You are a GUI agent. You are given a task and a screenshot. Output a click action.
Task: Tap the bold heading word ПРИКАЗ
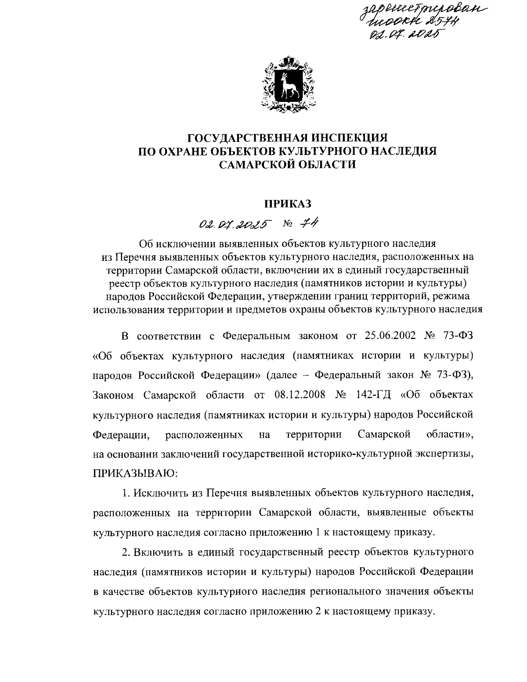pyautogui.click(x=287, y=203)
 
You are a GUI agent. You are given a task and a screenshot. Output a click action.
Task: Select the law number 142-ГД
pyautogui.click(x=372, y=395)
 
